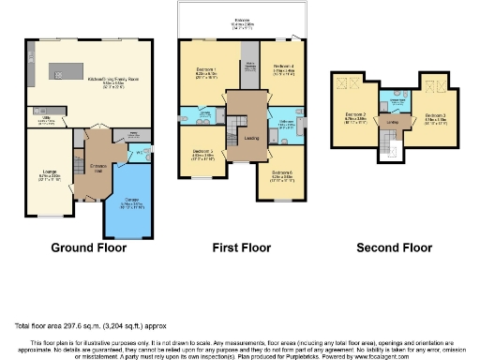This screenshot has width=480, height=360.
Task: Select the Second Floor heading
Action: (x=394, y=247)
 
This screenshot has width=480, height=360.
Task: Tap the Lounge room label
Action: (x=50, y=172)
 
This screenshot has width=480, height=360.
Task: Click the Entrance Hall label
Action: (x=98, y=166)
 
